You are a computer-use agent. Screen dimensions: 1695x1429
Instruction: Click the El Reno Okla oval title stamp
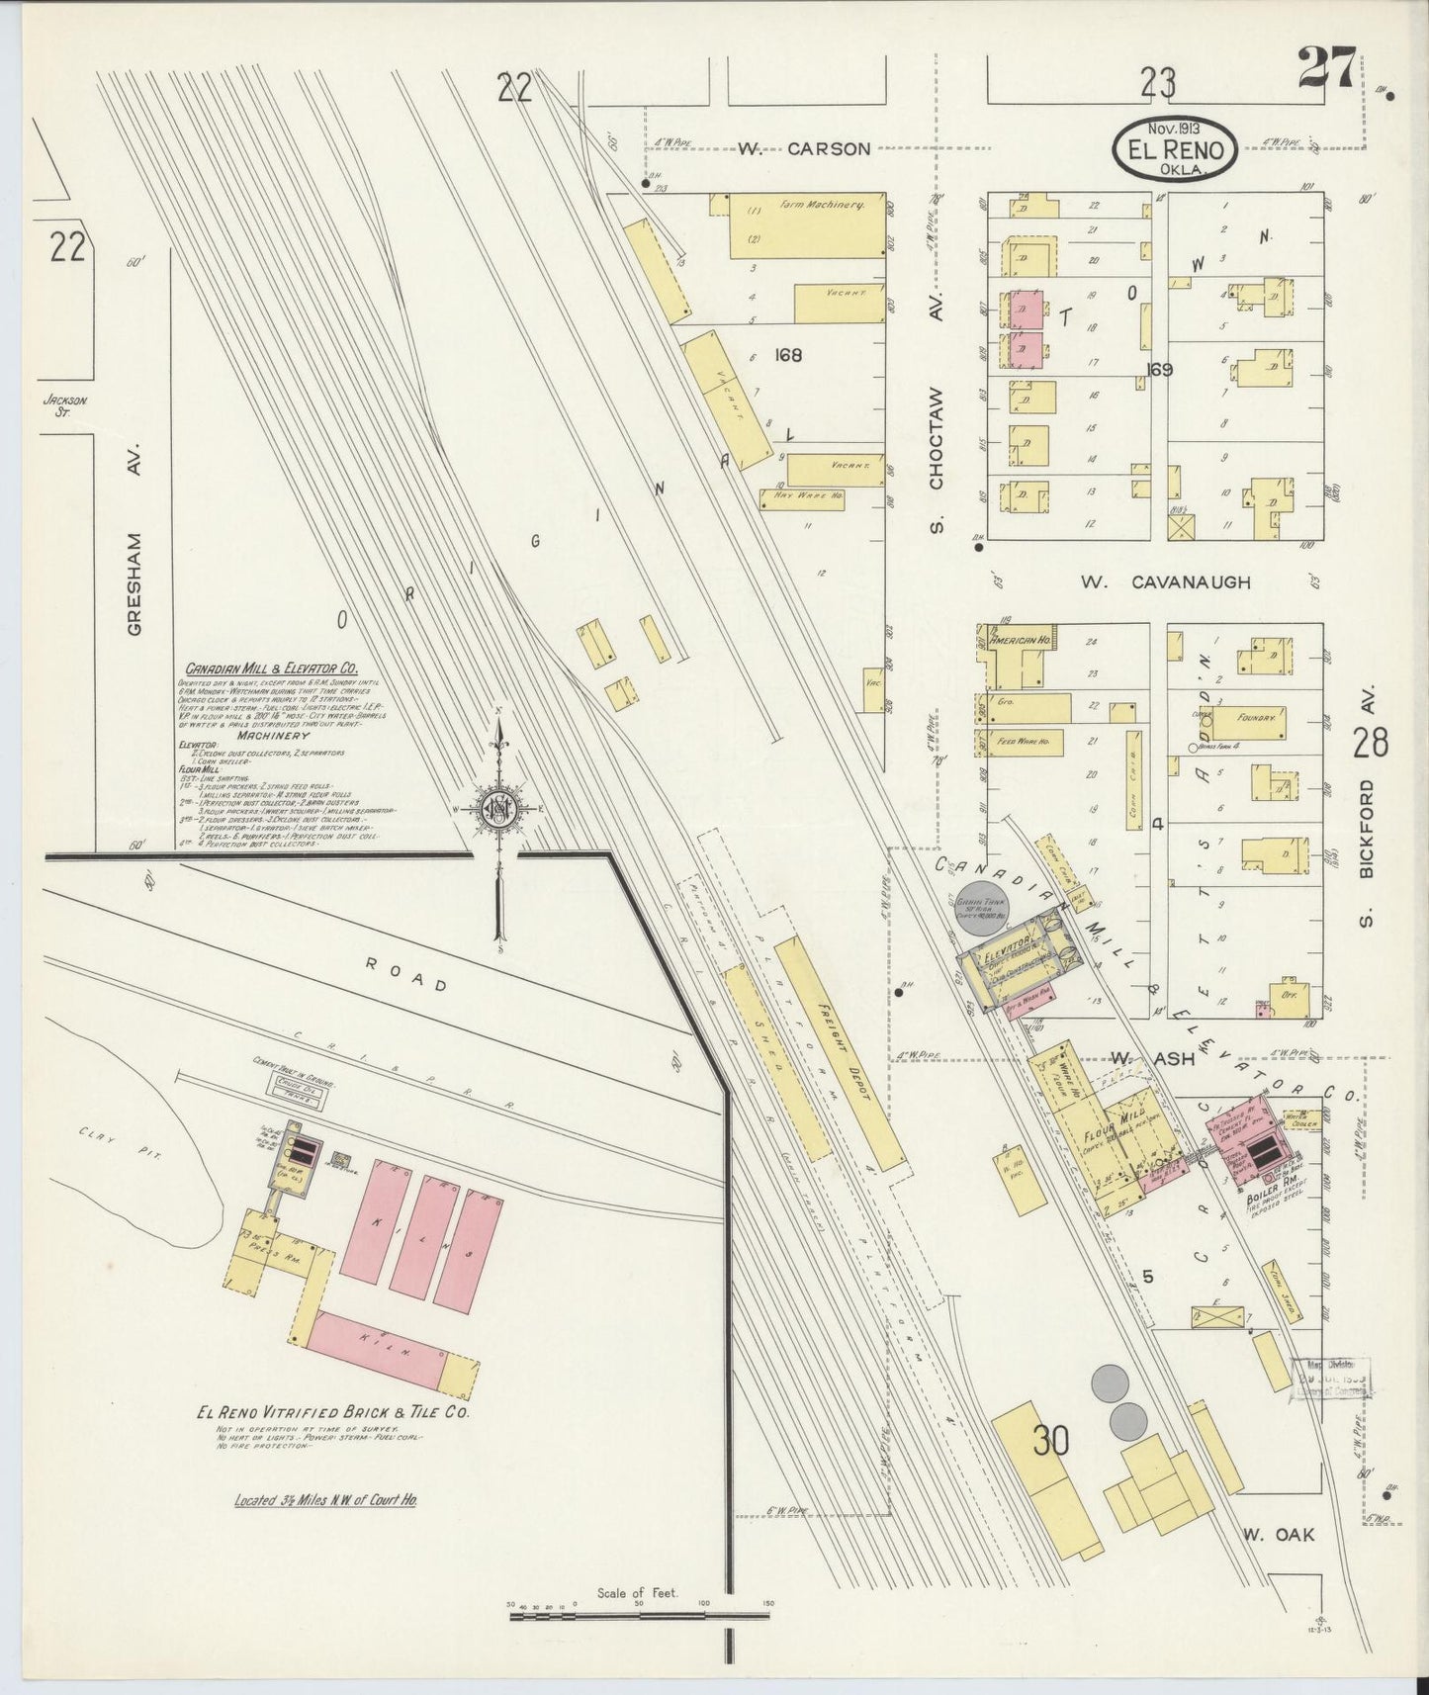(x=1176, y=151)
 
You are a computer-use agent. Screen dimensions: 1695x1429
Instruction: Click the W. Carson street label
(x=804, y=149)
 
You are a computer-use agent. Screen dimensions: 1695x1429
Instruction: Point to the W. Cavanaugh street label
(x=1165, y=582)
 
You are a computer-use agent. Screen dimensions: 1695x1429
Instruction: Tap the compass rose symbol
(x=499, y=809)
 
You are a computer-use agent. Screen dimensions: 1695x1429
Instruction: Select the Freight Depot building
(x=839, y=1050)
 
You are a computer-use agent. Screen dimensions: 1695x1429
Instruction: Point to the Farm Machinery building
(x=806, y=224)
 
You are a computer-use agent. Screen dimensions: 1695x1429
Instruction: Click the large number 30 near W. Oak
(x=1051, y=1442)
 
